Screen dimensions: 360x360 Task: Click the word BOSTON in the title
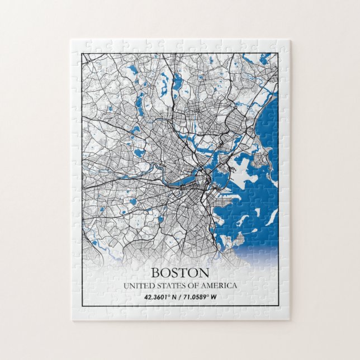click(180, 273)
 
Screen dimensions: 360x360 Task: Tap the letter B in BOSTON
click(156, 273)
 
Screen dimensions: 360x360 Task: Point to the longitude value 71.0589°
click(195, 297)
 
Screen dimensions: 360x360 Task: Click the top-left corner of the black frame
click(82, 53)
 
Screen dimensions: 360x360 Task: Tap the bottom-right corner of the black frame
click(278, 307)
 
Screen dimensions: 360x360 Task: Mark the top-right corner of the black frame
click(278, 53)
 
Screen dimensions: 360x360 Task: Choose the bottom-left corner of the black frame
click(82, 307)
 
